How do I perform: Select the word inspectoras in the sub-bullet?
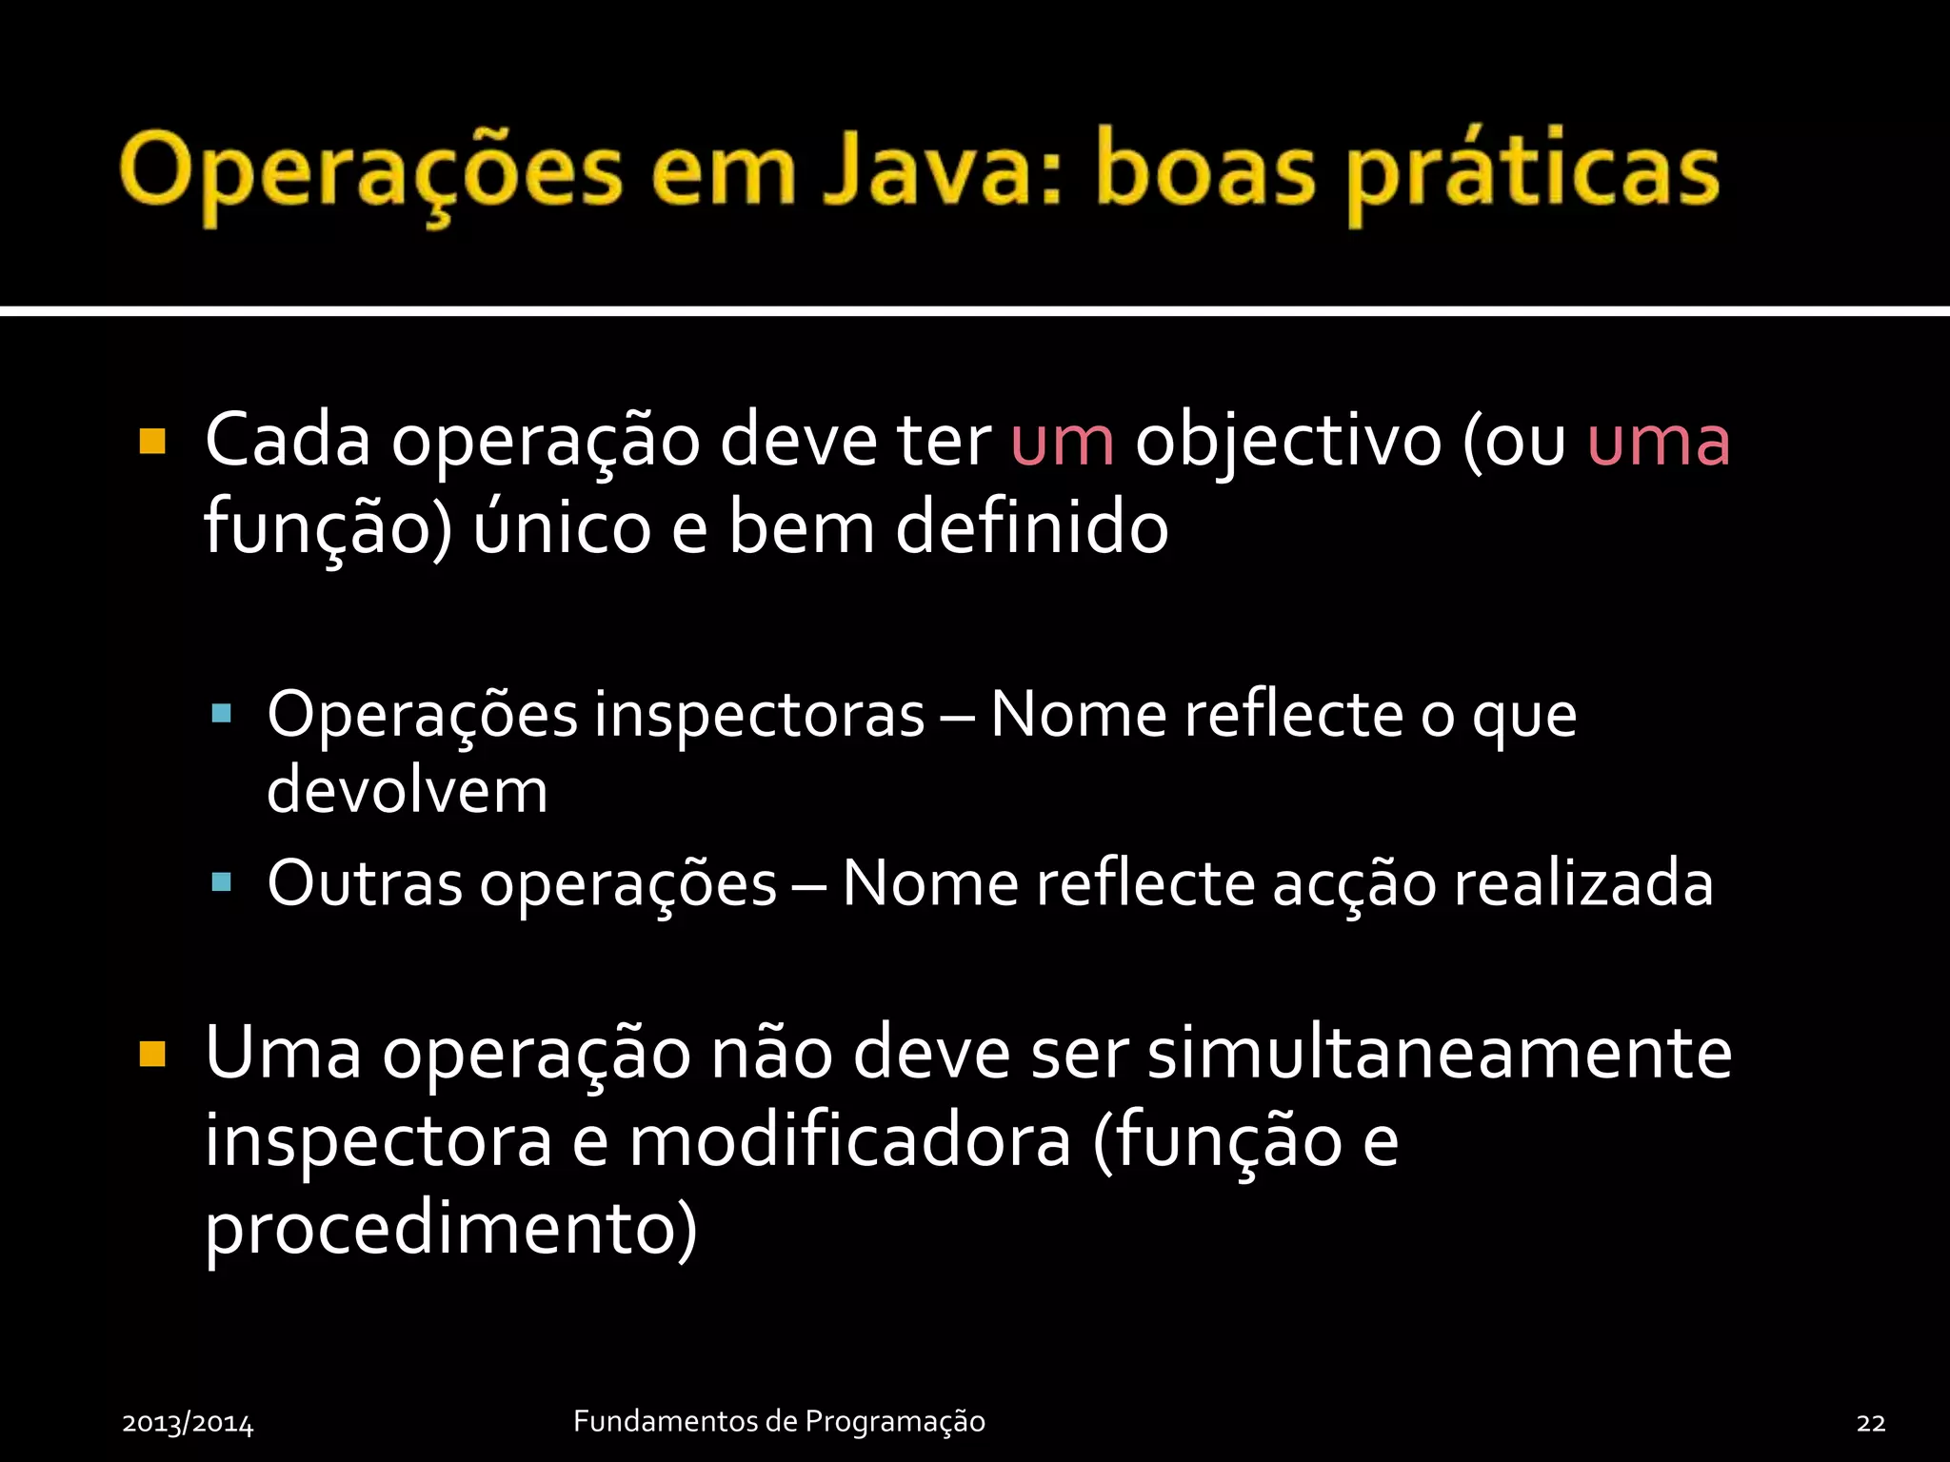pyautogui.click(x=759, y=716)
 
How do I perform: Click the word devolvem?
pyautogui.click(x=407, y=790)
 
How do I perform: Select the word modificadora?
pyautogui.click(x=850, y=1140)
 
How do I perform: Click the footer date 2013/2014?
pyautogui.click(x=188, y=1423)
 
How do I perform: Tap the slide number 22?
pyautogui.click(x=1870, y=1423)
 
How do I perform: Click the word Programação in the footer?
pyautogui.click(x=894, y=1422)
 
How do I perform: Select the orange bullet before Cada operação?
pyautogui.click(x=152, y=442)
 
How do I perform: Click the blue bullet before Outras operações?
pyautogui.click(x=222, y=882)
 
